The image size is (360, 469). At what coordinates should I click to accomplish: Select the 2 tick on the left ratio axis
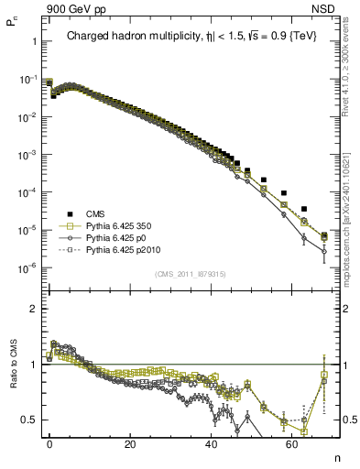coord(32,309)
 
